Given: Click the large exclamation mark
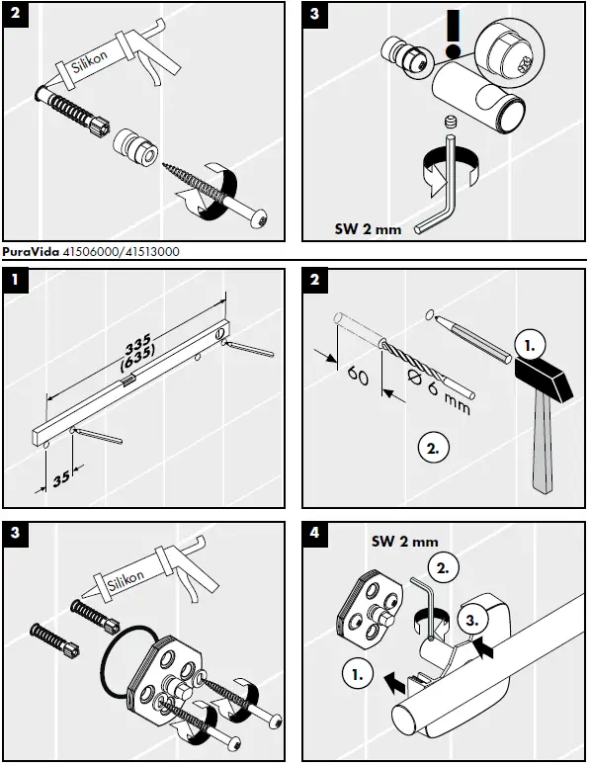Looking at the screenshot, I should tap(453, 35).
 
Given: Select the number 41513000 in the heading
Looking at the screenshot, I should tap(147, 252).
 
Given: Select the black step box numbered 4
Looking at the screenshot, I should tap(314, 533).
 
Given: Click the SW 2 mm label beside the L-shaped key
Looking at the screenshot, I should tap(366, 229).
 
